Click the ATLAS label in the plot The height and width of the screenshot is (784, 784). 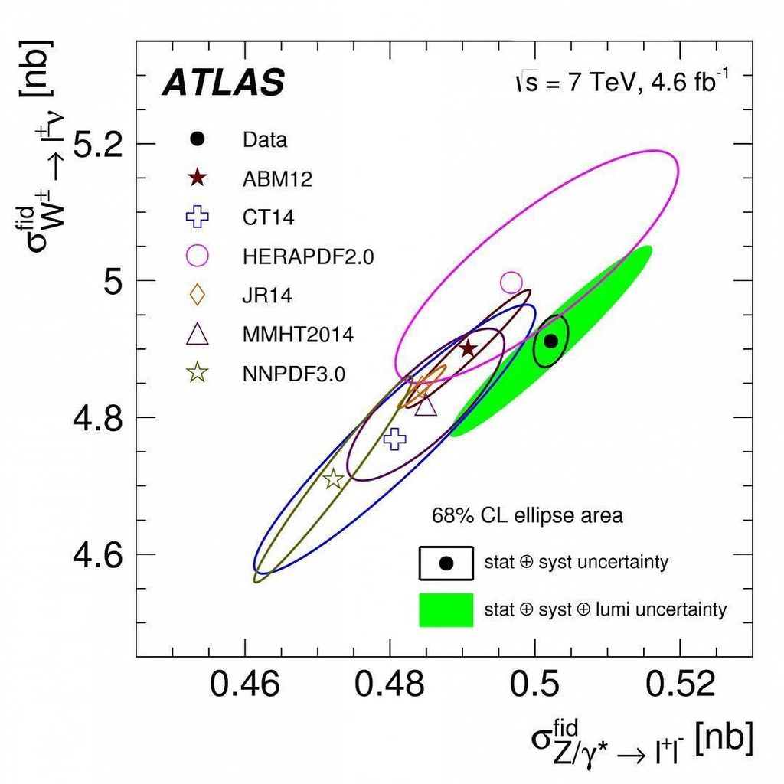point(223,83)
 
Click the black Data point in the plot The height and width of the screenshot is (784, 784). point(550,341)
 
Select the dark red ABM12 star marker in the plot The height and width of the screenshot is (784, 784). point(468,348)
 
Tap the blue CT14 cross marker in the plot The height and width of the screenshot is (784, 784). point(394,439)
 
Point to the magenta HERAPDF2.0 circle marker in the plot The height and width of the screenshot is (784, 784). point(511,283)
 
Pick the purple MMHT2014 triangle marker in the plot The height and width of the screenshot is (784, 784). point(426,405)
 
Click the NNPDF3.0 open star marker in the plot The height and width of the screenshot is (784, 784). point(333,479)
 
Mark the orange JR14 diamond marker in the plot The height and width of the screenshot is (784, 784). point(420,387)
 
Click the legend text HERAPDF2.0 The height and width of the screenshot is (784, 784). point(308,257)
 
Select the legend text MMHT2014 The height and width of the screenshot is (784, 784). point(298,335)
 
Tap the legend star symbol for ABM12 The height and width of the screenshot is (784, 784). point(198,178)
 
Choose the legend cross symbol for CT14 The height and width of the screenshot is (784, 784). point(198,217)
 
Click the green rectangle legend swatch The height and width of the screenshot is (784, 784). point(446,610)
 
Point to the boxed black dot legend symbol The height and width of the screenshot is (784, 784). point(446,563)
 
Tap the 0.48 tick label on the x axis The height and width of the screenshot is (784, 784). point(390,684)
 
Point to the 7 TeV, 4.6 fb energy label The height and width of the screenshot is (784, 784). point(622,82)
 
